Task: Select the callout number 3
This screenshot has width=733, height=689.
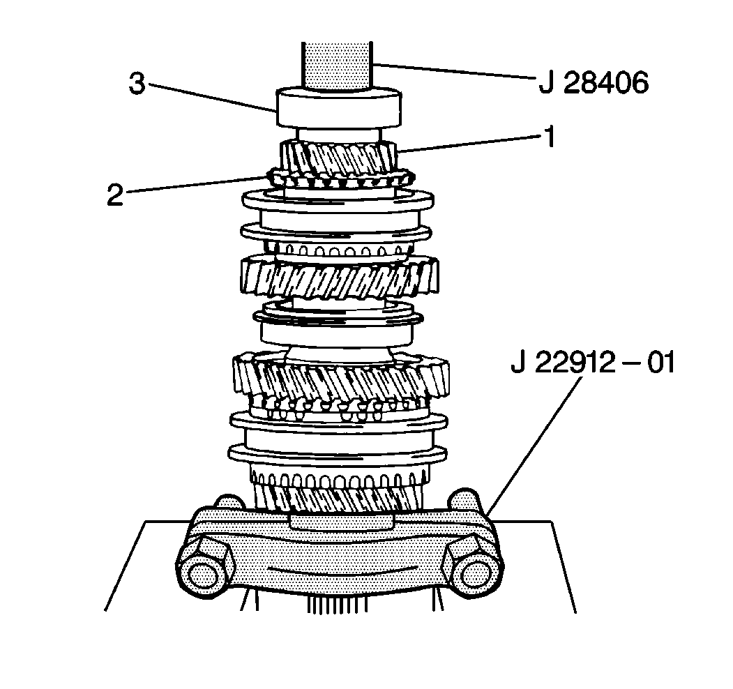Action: click(x=137, y=84)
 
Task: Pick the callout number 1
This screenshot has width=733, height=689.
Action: click(x=550, y=137)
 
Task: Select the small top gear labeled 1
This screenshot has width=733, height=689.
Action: click(x=338, y=159)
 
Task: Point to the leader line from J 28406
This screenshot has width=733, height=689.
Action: click(x=453, y=72)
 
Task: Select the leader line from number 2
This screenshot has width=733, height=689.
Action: click(x=195, y=184)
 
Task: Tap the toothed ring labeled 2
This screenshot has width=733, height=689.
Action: click(x=339, y=180)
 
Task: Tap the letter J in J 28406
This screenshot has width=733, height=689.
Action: click(x=546, y=83)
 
